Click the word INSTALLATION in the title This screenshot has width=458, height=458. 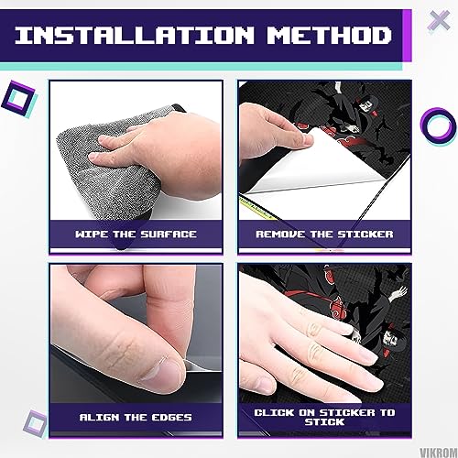point(135,35)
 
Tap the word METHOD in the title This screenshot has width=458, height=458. point(330,35)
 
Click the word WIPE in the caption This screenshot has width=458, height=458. point(92,234)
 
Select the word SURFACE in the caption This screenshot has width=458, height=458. point(169,234)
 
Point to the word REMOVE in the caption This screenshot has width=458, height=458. point(280,234)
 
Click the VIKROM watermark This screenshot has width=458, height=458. point(439,453)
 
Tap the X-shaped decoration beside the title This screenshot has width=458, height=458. point(439,21)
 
